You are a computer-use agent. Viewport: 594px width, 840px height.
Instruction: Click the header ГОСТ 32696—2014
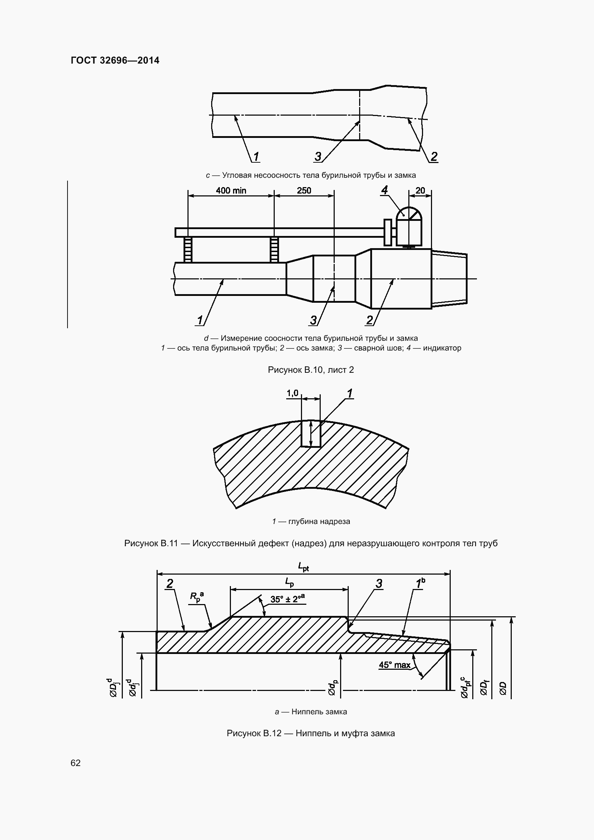coord(115,60)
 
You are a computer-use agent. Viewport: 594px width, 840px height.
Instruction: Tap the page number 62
coord(75,763)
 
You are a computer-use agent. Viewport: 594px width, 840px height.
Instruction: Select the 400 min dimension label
coord(231,190)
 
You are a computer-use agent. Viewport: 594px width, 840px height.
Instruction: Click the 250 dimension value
coord(304,190)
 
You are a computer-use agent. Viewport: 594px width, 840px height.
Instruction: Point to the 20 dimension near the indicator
coord(420,190)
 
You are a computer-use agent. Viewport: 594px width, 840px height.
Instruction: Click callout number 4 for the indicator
coord(384,190)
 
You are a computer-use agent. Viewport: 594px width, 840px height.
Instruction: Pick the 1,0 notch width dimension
coord(293,393)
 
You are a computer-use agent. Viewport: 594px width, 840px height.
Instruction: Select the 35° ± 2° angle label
coord(288,599)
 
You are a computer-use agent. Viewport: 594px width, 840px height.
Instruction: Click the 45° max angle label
coord(395,665)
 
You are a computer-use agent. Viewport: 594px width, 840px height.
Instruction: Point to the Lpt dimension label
coord(303,567)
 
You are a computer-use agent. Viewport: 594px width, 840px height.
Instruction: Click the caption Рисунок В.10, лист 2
coord(311,370)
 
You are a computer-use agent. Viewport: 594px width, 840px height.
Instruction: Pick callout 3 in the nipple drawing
coord(379,584)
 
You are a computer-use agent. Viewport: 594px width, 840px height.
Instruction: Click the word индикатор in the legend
coord(442,348)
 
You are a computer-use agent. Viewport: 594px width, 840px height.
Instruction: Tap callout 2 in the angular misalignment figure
coord(434,157)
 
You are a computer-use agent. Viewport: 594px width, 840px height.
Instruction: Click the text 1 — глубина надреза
coord(311,521)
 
